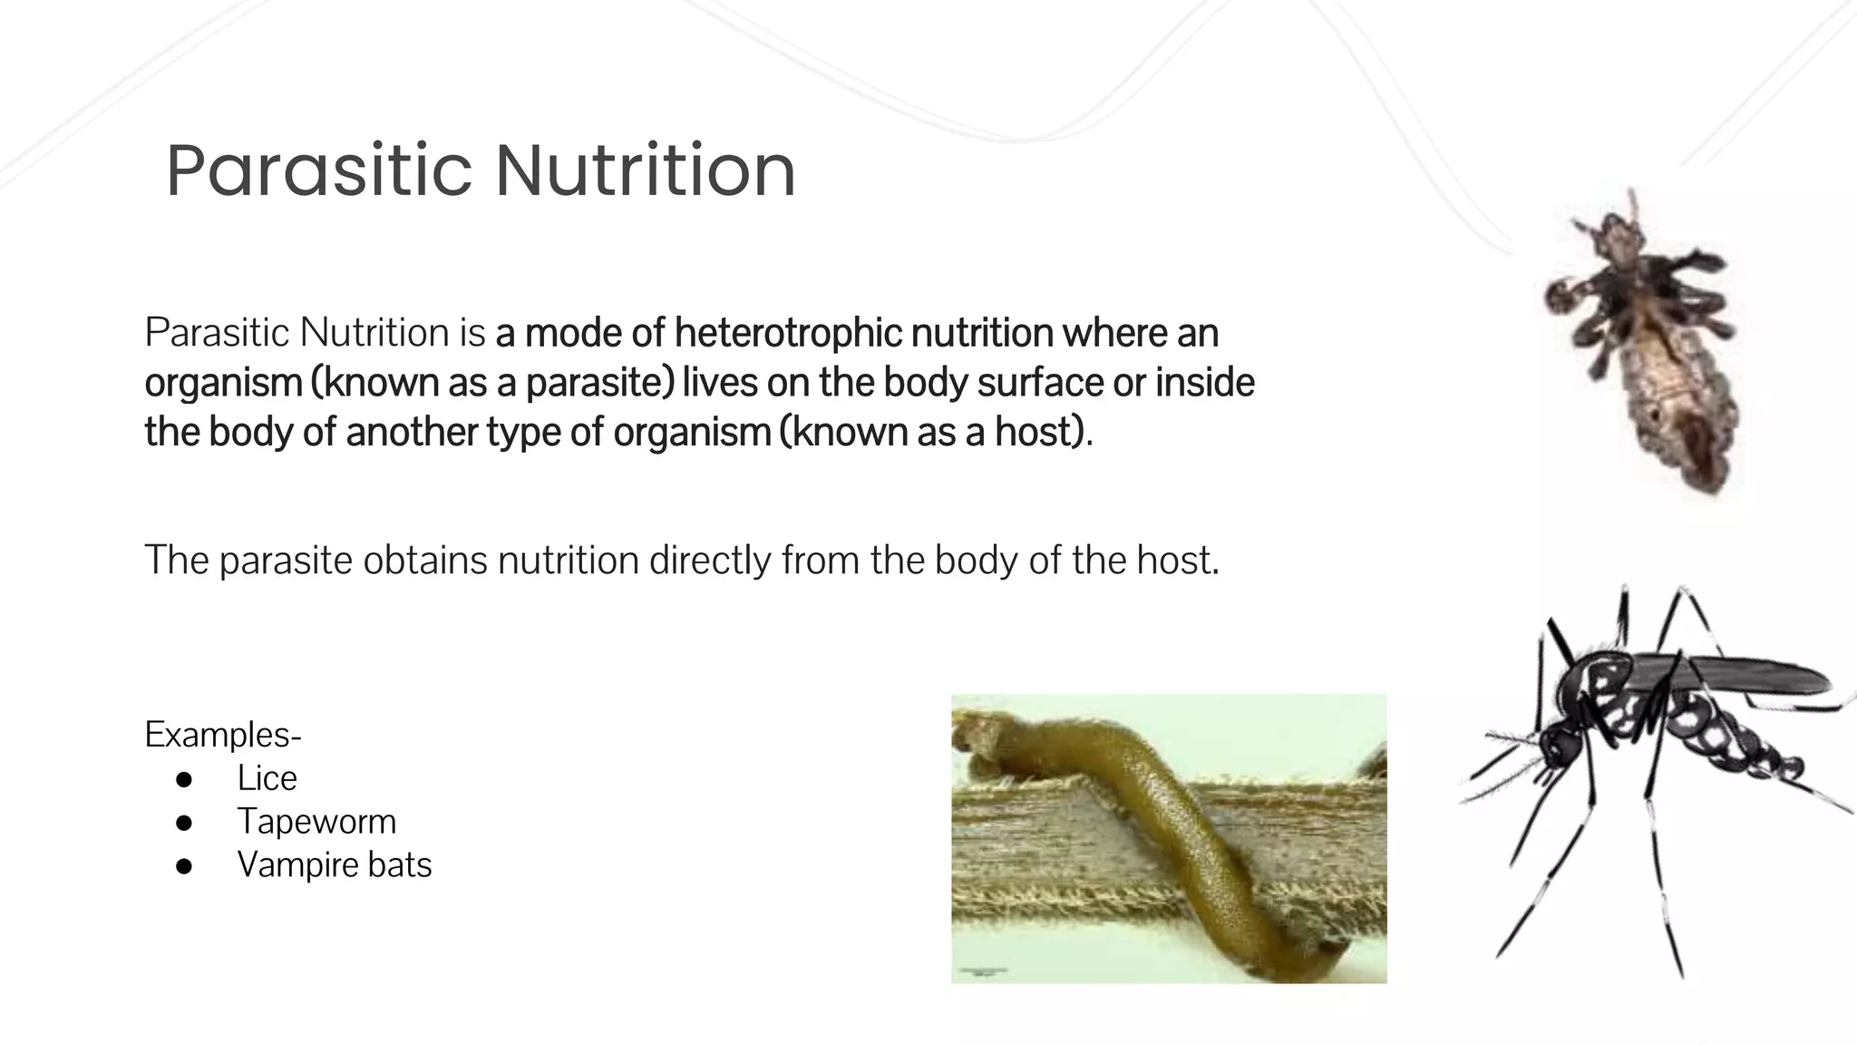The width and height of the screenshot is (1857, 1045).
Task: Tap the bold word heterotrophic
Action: click(788, 333)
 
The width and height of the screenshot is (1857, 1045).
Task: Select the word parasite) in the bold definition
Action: click(599, 383)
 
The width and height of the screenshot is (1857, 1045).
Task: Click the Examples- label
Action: click(223, 734)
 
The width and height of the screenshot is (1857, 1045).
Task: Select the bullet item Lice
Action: click(267, 778)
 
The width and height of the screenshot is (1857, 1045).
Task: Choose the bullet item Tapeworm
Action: click(316, 822)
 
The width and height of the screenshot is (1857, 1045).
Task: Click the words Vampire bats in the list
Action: click(334, 865)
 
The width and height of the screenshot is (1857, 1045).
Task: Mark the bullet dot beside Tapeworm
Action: click(184, 823)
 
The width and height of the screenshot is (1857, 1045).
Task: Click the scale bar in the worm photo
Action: click(983, 972)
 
